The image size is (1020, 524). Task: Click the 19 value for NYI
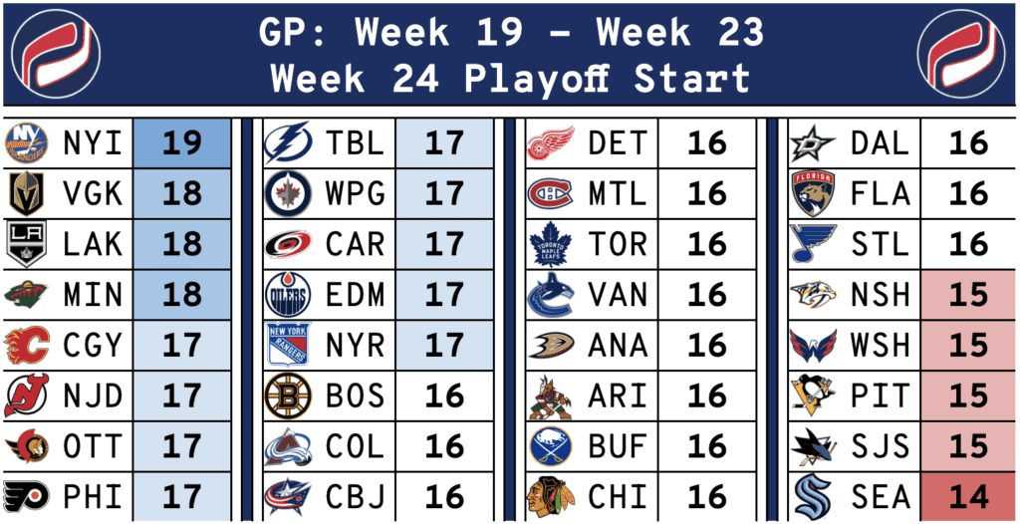(181, 143)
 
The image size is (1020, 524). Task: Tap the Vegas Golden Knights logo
(26, 193)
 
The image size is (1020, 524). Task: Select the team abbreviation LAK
(93, 244)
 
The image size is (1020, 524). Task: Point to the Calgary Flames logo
(26, 345)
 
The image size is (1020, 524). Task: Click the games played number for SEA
(968, 497)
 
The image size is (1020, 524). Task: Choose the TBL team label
(356, 143)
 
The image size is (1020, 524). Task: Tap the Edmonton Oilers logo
(288, 295)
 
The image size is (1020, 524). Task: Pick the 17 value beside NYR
(443, 345)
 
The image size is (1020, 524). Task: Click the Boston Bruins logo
(288, 395)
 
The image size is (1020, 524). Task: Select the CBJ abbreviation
(356, 497)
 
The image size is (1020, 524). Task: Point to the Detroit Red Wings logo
(550, 143)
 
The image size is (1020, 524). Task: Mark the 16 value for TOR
(707, 244)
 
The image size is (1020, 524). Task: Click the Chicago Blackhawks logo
(550, 497)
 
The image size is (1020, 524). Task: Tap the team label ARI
(618, 395)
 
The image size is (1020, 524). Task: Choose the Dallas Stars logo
(813, 143)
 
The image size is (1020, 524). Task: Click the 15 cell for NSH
(968, 295)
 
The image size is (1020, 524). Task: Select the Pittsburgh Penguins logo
(813, 395)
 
